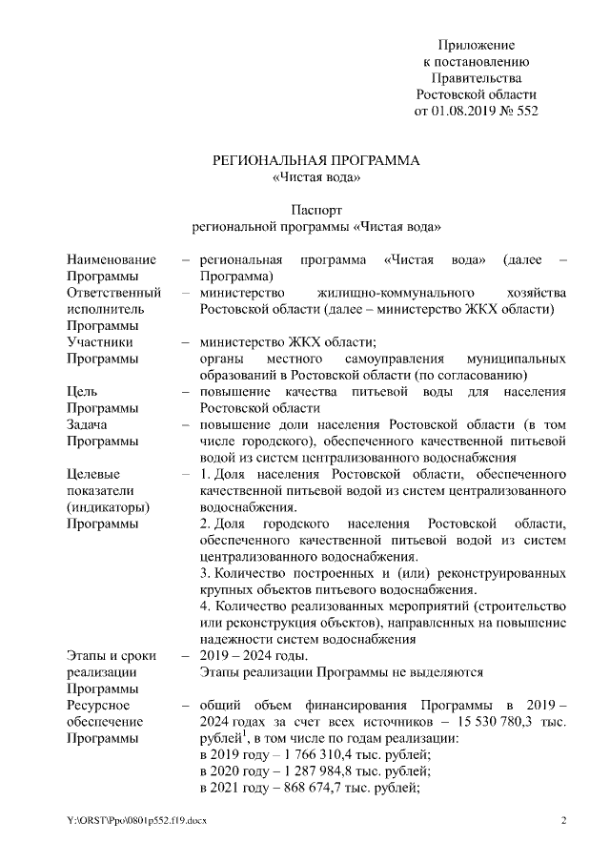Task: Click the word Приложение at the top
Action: coord(477,45)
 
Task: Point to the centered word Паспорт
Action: coord(315,210)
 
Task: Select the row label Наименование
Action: coord(112,260)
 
